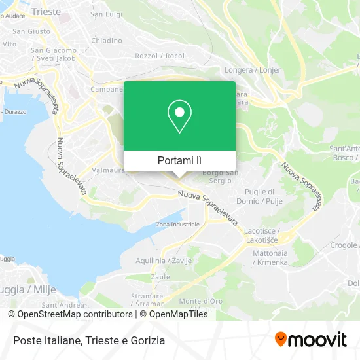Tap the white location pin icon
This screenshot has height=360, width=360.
click(179, 116)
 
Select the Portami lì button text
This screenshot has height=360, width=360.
click(179, 160)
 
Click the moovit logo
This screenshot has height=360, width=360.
click(310, 340)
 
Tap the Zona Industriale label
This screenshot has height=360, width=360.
click(177, 225)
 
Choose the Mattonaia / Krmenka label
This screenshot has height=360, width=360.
click(270, 258)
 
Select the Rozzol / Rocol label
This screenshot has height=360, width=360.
click(151, 56)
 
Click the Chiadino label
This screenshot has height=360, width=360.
click(107, 40)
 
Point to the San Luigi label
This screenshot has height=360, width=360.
click(105, 14)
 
